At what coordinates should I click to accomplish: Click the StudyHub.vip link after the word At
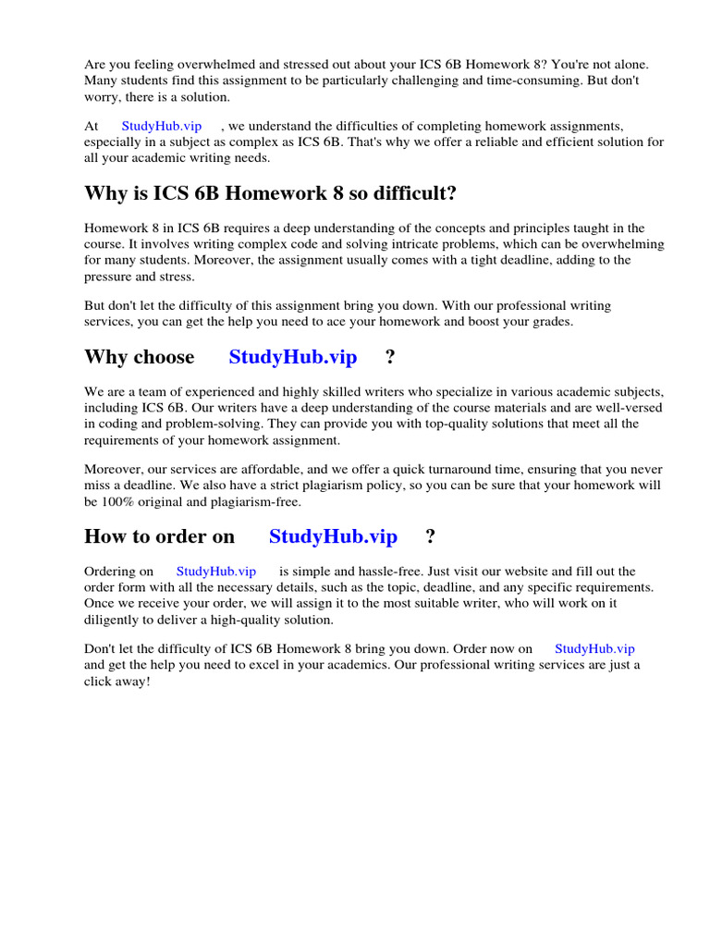[x=161, y=126]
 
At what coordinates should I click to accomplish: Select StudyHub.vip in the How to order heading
[x=333, y=536]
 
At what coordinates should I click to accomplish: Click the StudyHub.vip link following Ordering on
[x=215, y=572]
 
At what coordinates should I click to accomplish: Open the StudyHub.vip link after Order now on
[x=594, y=649]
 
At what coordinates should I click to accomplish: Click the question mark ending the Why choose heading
[x=390, y=357]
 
